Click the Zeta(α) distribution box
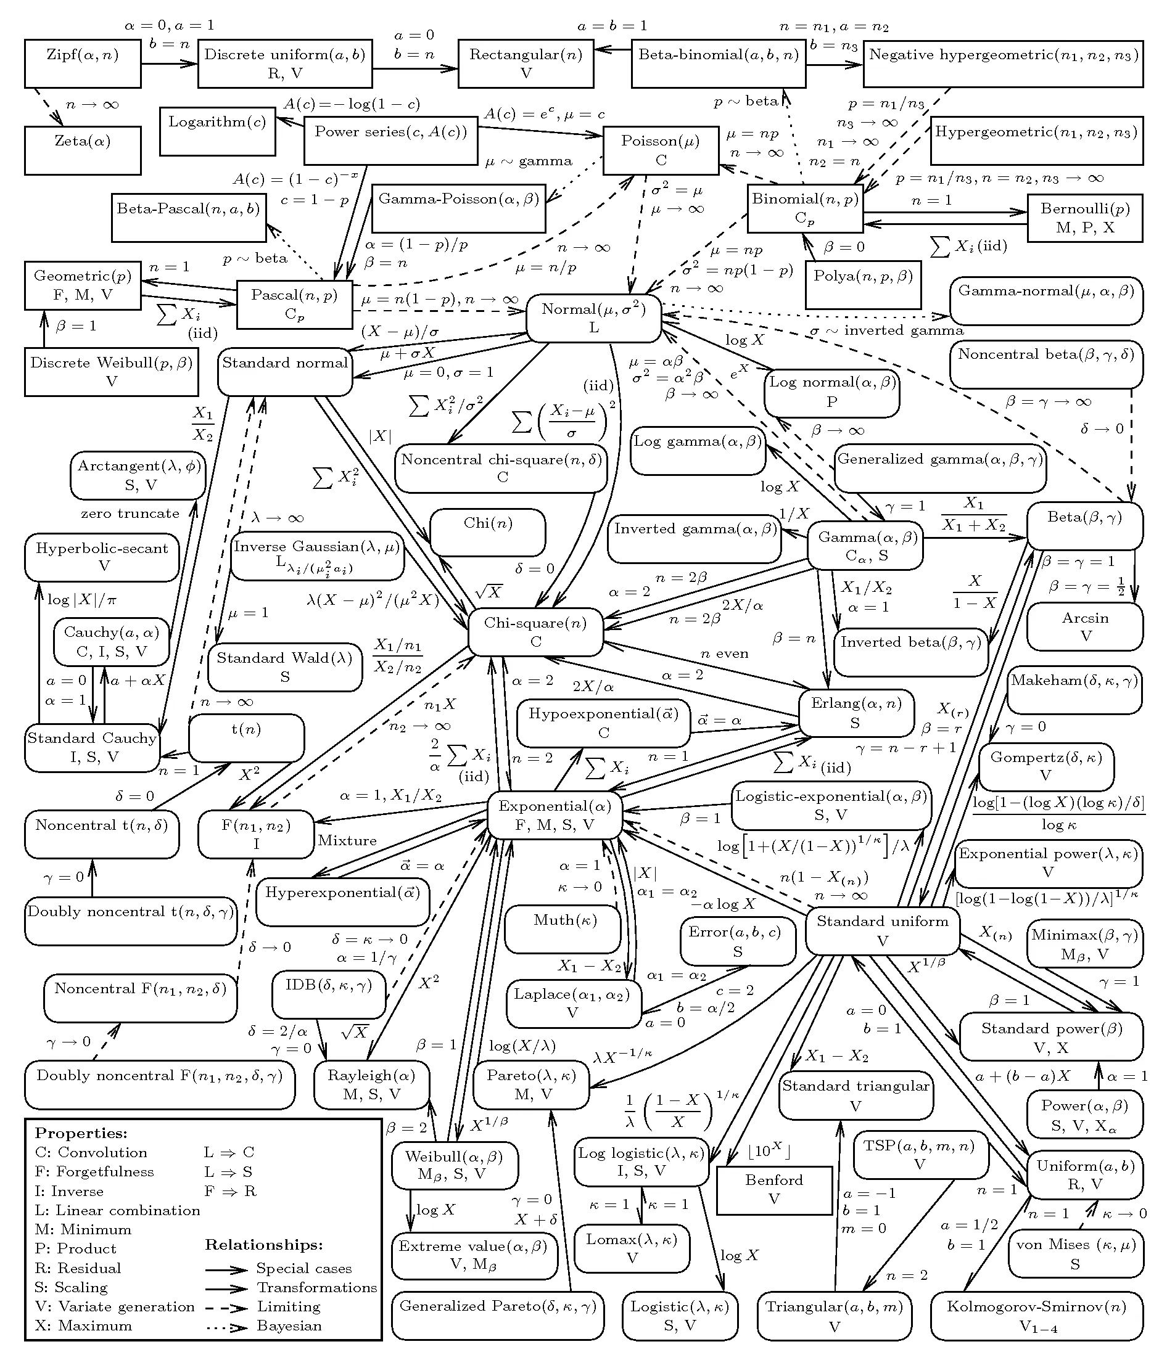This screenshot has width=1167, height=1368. coord(83,150)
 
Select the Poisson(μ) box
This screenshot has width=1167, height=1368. coord(661,150)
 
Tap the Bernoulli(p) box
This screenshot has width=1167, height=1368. coord(1084,217)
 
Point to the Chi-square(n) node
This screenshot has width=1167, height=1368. coord(535,631)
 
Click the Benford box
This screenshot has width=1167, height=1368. coord(774,1189)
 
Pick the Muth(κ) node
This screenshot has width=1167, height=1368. coord(562,928)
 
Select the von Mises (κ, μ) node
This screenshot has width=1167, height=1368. coord(1075,1253)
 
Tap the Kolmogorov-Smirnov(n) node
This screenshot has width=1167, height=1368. coord(1036,1315)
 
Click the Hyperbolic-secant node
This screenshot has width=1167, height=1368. coord(102,557)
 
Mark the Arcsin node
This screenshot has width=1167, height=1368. coord(1084,626)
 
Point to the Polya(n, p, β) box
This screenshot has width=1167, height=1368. coord(862,284)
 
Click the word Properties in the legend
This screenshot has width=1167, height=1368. coord(81,1133)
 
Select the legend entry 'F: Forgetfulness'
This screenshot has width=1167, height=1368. coord(94,1171)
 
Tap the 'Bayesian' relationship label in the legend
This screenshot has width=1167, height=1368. coord(289,1325)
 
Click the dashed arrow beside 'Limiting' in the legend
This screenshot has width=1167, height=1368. coord(226,1306)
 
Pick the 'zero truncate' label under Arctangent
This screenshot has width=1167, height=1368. coord(130,513)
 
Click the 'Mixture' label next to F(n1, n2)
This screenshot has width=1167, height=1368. coord(347,840)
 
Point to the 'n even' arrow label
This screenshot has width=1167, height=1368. coord(725,653)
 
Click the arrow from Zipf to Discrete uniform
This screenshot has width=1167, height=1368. coord(169,63)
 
